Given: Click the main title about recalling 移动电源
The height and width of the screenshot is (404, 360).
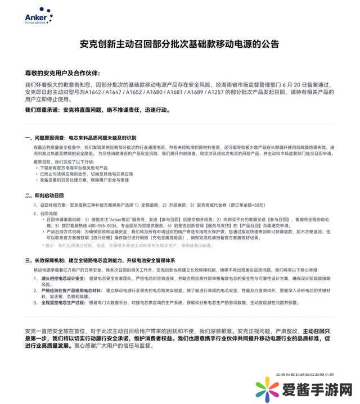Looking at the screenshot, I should (x=179, y=44).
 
